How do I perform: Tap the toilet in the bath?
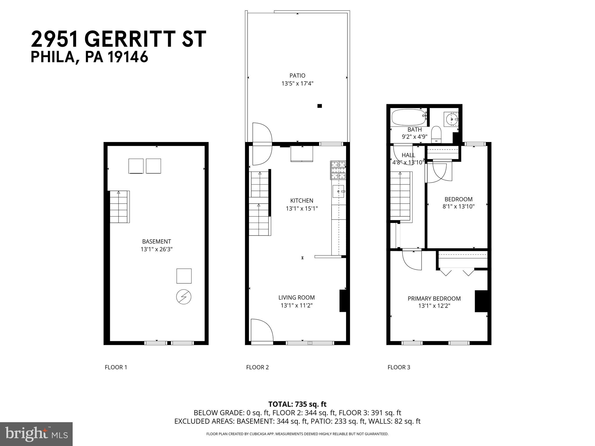(x=436, y=135)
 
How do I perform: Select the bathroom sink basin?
(x=451, y=119)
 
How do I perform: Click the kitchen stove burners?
(x=338, y=170)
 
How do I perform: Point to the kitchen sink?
(x=338, y=191)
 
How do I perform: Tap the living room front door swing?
(x=261, y=330)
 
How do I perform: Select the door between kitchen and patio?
(x=261, y=144)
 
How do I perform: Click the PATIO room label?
(x=297, y=76)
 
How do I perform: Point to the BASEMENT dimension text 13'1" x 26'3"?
(x=157, y=249)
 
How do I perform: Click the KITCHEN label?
(x=302, y=201)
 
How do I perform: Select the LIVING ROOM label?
(x=296, y=298)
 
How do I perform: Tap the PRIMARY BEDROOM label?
(x=434, y=298)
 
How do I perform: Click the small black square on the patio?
(x=320, y=106)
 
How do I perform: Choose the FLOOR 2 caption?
(x=257, y=367)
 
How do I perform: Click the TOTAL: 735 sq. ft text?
(x=297, y=404)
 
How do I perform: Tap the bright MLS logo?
(x=36, y=434)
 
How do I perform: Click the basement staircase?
(x=119, y=207)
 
